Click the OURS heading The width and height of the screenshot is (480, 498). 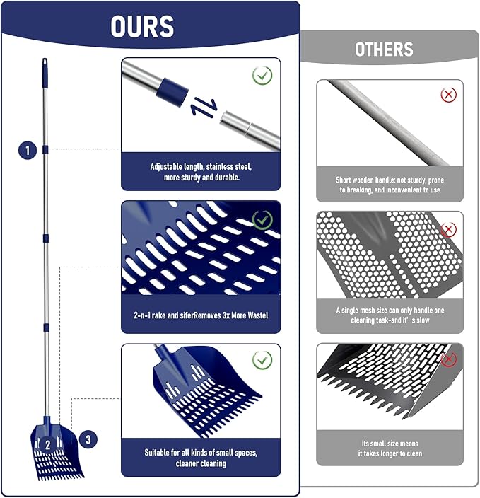pyautogui.click(x=142, y=26)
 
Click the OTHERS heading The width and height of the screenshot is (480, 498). pyautogui.click(x=384, y=50)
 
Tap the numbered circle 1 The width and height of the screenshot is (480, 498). pyautogui.click(x=28, y=150)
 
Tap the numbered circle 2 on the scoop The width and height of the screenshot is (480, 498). pyautogui.click(x=48, y=445)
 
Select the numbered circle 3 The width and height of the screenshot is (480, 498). pyautogui.click(x=88, y=439)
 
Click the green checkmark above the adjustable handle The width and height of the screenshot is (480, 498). pyautogui.click(x=262, y=76)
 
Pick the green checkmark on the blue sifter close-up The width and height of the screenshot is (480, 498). pyautogui.click(x=262, y=220)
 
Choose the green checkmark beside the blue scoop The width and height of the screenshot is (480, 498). pyautogui.click(x=262, y=360)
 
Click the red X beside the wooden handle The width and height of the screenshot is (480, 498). pyautogui.click(x=449, y=95)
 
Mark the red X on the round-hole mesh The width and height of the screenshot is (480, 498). pyautogui.click(x=449, y=229)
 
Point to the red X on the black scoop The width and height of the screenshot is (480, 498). pyautogui.click(x=449, y=359)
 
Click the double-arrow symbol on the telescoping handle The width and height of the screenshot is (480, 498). pyautogui.click(x=204, y=108)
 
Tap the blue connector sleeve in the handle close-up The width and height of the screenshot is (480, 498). pyautogui.click(x=172, y=91)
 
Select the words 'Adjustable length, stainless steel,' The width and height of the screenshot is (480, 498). pyautogui.click(x=201, y=166)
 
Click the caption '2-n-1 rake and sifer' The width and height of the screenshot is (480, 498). pyautogui.click(x=163, y=315)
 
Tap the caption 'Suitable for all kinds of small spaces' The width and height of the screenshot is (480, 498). pyautogui.click(x=201, y=452)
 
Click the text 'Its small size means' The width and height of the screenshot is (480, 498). pyautogui.click(x=390, y=443)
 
